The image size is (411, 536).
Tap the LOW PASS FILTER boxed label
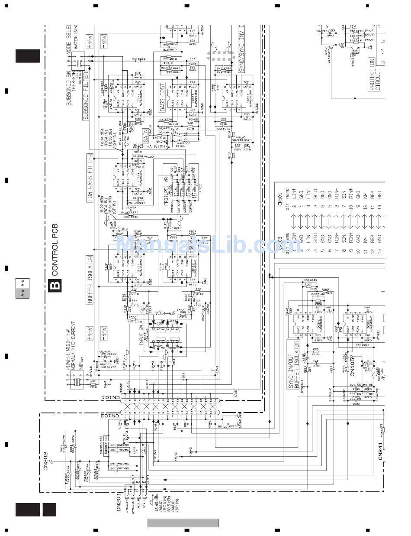coord(90,178)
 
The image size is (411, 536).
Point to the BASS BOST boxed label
coord(162,92)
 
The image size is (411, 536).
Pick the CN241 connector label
coord(381,451)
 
